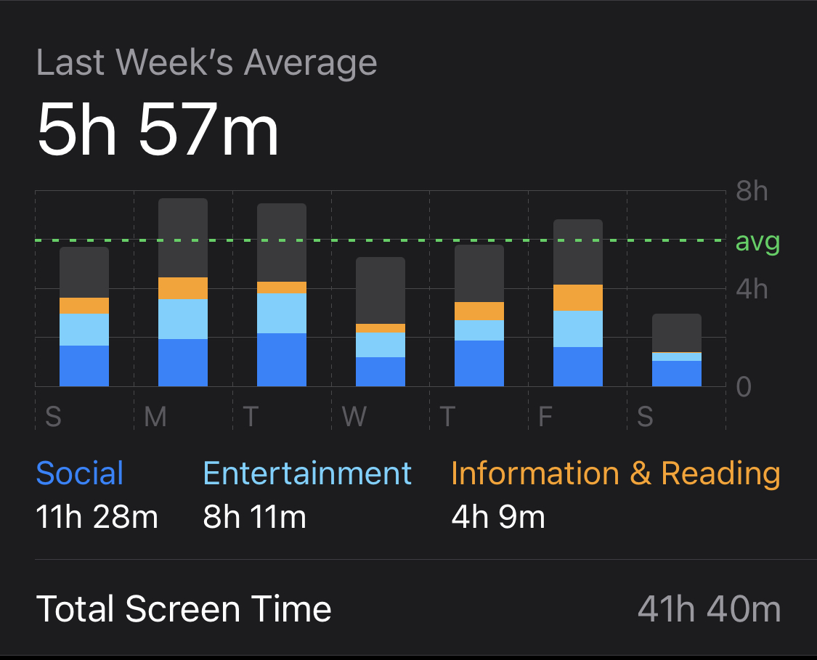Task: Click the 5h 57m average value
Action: pos(158,130)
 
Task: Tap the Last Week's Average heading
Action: pos(206,63)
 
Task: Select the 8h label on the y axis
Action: pos(752,192)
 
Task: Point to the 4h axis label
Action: pos(752,289)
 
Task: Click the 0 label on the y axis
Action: pos(744,387)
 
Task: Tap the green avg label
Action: pos(757,241)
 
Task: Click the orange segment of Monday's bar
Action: pos(183,288)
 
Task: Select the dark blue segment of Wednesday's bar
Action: pos(381,371)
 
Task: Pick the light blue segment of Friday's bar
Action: pos(578,329)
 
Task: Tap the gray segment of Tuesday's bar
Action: pos(282,243)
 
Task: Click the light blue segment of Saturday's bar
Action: pos(677,357)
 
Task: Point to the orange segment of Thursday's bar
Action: pos(479,311)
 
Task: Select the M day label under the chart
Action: pos(155,417)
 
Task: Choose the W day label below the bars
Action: pos(354,417)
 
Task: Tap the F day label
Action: pos(545,417)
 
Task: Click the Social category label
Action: pos(80,474)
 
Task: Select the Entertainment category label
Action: pos(307,474)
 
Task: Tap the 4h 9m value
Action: pos(497,518)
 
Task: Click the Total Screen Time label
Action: pos(184,608)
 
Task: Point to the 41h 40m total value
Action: pos(709,609)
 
